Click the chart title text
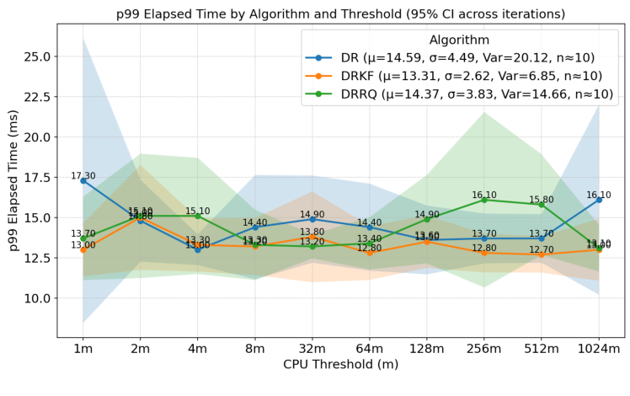coord(340,14)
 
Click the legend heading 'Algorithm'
coord(459,40)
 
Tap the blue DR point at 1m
coord(83,180)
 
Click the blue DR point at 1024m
coord(599,200)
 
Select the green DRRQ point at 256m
coord(484,200)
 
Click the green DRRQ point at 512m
coord(542,205)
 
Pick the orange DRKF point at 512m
coord(542,254)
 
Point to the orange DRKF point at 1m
coord(83,249)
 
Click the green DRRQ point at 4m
coord(198,216)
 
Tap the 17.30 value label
coord(83,176)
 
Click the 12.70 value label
coord(542,250)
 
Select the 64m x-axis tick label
coord(370,348)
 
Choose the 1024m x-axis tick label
coord(599,348)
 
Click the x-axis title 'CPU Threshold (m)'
coord(340,365)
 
